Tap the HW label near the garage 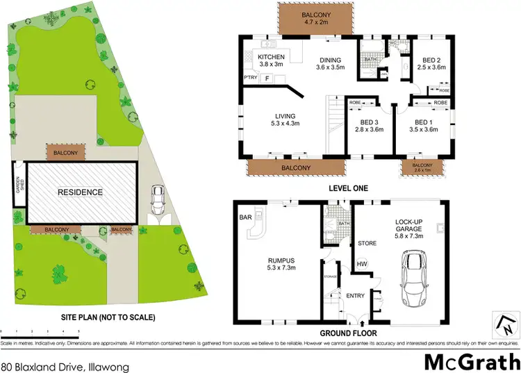click(x=361, y=263)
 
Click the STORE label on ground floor click(x=366, y=244)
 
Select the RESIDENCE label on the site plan click(x=80, y=192)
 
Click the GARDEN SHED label click(x=19, y=185)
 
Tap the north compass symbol click(x=506, y=322)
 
